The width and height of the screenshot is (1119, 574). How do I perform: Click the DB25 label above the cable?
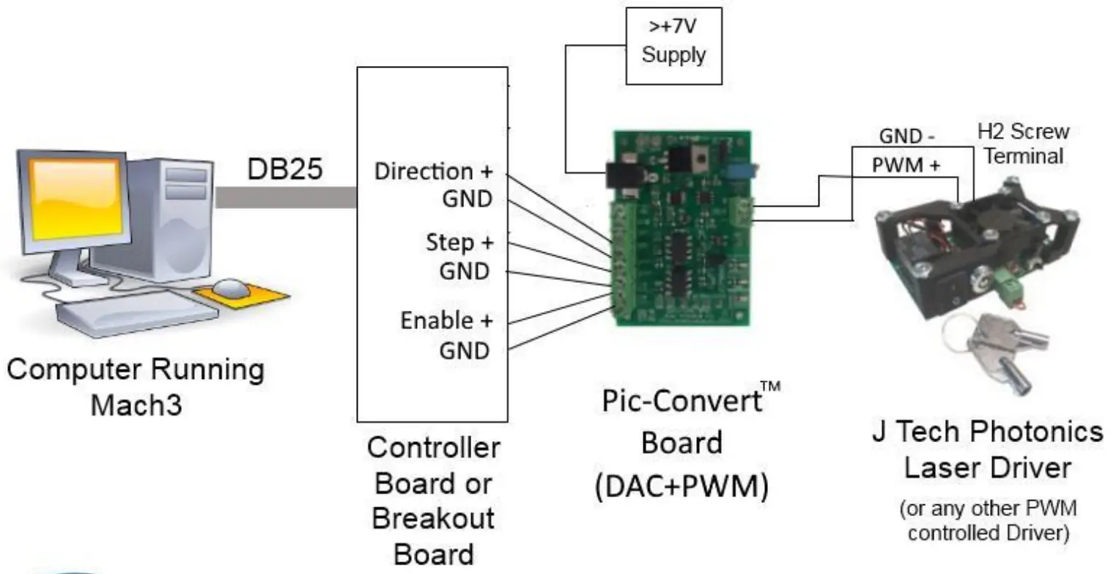(284, 169)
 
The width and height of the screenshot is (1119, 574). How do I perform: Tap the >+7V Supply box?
(673, 44)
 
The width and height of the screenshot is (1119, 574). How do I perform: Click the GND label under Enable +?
(464, 350)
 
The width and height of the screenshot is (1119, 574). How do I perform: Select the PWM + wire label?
(906, 165)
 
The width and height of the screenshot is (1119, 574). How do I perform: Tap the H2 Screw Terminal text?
(1023, 144)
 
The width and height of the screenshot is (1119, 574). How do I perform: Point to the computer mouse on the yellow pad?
(232, 287)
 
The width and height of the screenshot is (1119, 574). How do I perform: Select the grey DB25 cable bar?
(286, 196)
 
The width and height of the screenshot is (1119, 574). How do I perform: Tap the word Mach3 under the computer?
(136, 404)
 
